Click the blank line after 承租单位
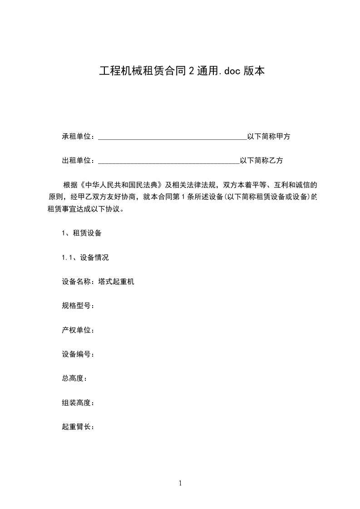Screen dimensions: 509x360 click(172, 137)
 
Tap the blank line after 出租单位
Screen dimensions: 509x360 click(168, 161)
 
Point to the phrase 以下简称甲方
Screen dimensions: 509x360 click(268, 137)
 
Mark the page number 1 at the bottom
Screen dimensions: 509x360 click(180, 484)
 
